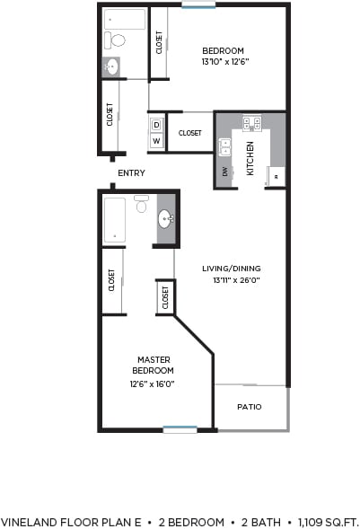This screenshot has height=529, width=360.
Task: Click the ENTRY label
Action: pyautogui.click(x=131, y=172)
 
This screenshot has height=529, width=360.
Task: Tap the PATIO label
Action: pyautogui.click(x=250, y=407)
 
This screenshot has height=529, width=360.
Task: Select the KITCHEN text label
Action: pyautogui.click(x=250, y=158)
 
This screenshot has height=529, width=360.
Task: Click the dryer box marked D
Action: pyautogui.click(x=156, y=126)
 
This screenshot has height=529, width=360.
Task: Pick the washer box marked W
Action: pyautogui.click(x=156, y=141)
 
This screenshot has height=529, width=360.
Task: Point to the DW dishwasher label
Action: pyautogui.click(x=224, y=171)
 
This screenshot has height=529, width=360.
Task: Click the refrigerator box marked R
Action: pyautogui.click(x=276, y=178)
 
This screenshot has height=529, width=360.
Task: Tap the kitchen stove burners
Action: pyautogui.click(x=251, y=124)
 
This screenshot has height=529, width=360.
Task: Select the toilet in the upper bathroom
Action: pyautogui.click(x=116, y=40)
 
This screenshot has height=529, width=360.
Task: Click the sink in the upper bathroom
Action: pyautogui.click(x=111, y=66)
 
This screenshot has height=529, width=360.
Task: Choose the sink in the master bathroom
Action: pyautogui.click(x=166, y=218)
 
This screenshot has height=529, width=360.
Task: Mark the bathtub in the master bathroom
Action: pyautogui.click(x=114, y=219)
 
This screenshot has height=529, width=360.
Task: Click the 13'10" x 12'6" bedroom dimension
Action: pyautogui.click(x=223, y=63)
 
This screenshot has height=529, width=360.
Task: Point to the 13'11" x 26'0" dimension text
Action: pyautogui.click(x=233, y=280)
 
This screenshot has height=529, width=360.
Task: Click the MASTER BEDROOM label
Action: pyautogui.click(x=154, y=365)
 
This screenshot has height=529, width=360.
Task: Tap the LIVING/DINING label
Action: pyautogui.click(x=232, y=268)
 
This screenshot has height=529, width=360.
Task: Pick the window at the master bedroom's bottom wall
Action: pyautogui.click(x=180, y=429)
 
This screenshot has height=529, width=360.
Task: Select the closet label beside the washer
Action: pyautogui.click(x=189, y=133)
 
